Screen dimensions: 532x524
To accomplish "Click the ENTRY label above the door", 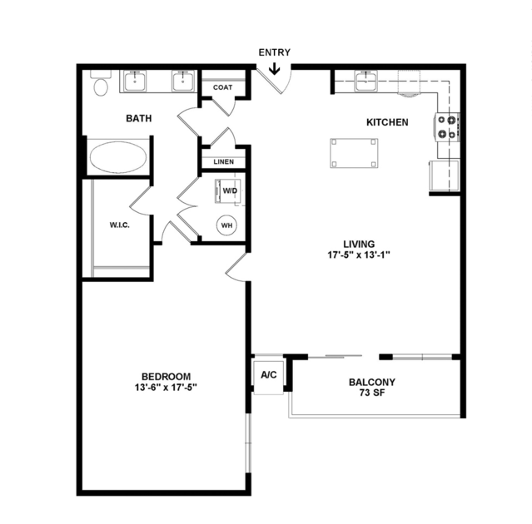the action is coord(275,52).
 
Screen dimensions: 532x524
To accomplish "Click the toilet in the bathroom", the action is coord(101,83).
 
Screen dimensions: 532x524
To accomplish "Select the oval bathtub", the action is coord(118,157).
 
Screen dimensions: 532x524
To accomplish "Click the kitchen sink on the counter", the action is coord(366,81).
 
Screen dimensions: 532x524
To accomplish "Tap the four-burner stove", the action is coord(447,127).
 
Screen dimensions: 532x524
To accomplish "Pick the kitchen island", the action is coord(354,153).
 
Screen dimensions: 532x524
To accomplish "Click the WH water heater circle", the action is coord(226,225).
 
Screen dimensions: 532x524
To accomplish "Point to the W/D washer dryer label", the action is coord(230,190).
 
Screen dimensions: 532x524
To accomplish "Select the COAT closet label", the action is coord(223,87).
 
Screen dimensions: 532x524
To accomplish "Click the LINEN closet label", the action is coord(224,162).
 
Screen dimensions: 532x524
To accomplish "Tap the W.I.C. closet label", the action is coord(119,225).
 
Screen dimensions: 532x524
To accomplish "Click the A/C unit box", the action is coord(269,376).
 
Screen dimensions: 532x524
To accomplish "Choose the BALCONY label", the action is coord(372,383).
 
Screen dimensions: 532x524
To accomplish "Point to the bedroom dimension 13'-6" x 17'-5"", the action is coord(167,388).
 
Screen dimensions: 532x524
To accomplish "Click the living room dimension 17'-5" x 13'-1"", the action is coord(359,255).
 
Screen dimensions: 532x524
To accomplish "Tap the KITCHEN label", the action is coord(387,122).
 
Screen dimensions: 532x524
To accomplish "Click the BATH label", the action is coord(139,119).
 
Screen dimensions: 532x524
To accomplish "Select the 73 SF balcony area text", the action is coord(372,393).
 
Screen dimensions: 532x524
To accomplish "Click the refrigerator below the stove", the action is coord(445,175).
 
